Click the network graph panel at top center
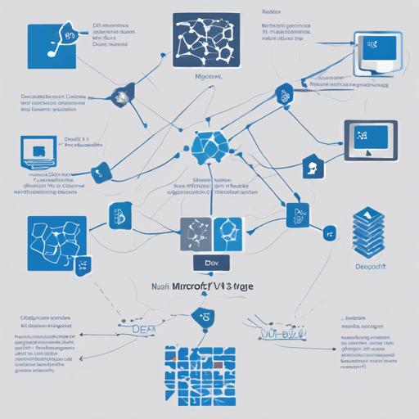pos(206,39)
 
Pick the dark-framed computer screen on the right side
pos(370,138)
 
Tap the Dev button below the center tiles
pos(209,264)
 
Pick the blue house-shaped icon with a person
pos(311,166)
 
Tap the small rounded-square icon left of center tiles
pos(117,218)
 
